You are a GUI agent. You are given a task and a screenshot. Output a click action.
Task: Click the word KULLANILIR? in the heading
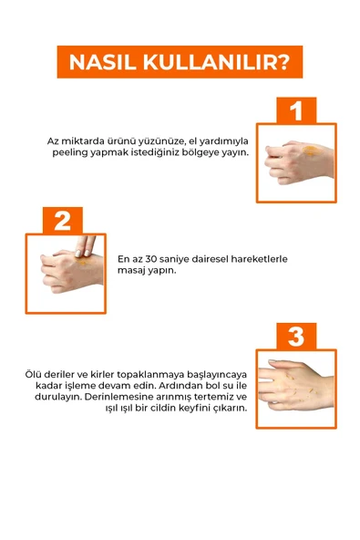pos(216,62)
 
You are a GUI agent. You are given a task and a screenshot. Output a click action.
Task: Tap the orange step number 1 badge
pos(295,111)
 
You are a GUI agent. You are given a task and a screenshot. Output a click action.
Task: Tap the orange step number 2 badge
pos(62,221)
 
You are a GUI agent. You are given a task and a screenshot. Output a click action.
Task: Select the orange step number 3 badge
pos(295,336)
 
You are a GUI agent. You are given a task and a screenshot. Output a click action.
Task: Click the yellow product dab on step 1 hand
pos(310,151)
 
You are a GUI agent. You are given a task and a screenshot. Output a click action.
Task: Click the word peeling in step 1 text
pos(69,152)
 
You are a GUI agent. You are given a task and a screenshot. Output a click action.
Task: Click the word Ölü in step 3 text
pos(35,374)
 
